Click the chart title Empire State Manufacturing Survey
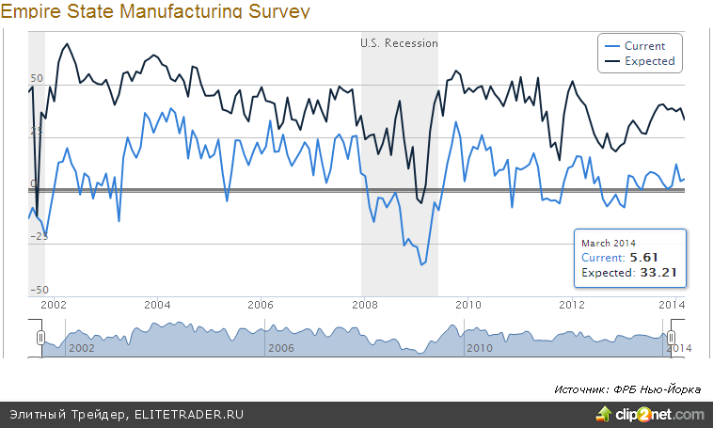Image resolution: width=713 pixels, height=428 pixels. coord(155,11)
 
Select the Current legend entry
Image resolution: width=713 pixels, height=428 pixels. coord(644,45)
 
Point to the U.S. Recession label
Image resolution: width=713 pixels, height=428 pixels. coord(399,43)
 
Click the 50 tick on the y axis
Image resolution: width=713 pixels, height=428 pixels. coord(38,78)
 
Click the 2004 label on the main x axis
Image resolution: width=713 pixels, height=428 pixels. coord(156,305)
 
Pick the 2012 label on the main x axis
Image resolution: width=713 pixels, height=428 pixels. coord(572,305)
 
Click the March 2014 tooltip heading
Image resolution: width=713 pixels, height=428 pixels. coord(610,243)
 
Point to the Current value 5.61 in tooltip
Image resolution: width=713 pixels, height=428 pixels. coord(642,257)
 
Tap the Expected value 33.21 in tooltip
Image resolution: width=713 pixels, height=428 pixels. coord(658,273)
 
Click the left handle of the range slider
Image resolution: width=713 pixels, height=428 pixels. coord(40,337)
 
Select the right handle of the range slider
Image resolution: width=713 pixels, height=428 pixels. coord(671,337)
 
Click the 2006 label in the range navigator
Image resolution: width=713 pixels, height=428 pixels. coord(282,348)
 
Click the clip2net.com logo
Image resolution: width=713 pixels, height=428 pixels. coord(649,415)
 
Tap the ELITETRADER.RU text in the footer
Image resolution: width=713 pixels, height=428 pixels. coord(182,415)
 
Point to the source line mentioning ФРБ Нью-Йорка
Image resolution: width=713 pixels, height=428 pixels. coord(627,388)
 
